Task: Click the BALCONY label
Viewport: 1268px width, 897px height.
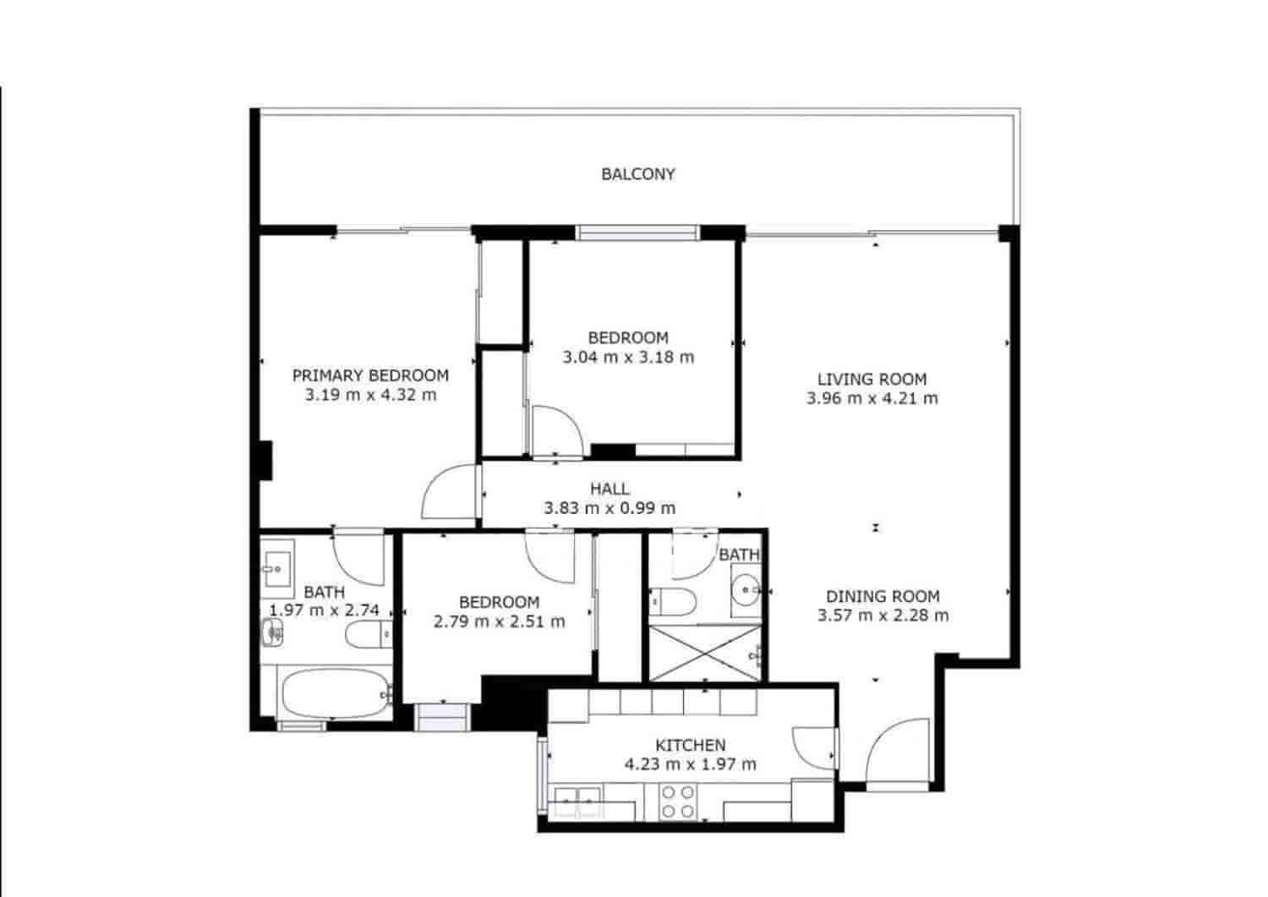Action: click(638, 174)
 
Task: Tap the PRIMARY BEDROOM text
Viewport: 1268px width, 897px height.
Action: click(370, 375)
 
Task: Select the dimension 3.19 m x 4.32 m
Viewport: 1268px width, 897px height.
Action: click(370, 395)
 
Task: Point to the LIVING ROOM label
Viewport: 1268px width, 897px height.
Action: click(872, 380)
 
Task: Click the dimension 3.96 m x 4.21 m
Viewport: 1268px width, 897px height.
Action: click(872, 398)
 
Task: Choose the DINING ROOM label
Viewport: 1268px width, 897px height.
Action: click(883, 596)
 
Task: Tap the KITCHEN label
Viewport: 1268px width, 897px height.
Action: click(690, 745)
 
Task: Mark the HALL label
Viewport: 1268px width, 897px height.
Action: click(609, 489)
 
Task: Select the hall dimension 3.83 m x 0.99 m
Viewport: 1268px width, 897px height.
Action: click(609, 508)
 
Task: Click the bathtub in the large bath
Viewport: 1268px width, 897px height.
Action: click(335, 693)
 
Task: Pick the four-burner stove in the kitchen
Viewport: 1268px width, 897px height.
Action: click(676, 801)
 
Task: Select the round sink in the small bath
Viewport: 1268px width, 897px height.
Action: click(746, 586)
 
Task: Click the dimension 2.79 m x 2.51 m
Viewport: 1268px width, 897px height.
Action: click(499, 621)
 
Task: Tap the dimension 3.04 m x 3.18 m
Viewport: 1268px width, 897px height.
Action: click(628, 357)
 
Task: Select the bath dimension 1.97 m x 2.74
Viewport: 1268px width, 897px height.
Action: click(324, 610)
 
